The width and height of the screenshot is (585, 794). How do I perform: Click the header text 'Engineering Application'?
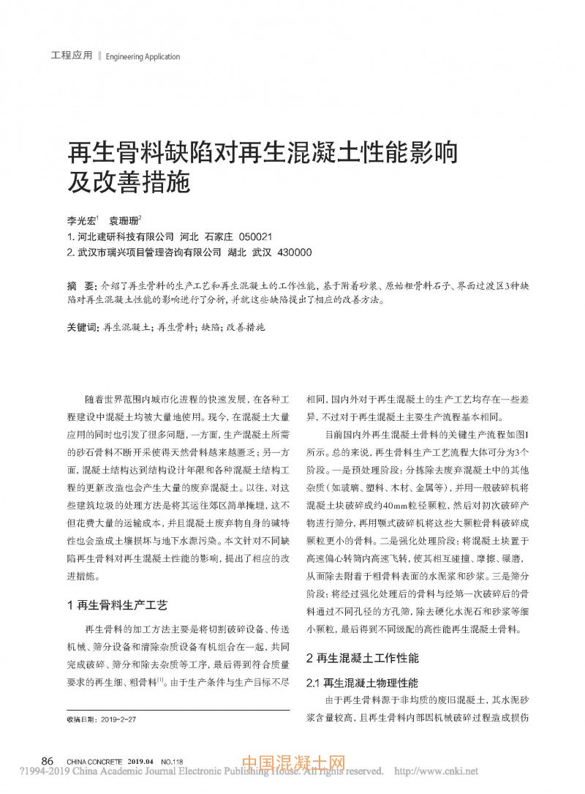pos(143,56)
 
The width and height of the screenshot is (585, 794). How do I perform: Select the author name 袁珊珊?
pos(124,220)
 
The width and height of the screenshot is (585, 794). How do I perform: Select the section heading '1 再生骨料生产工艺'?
pos(117,605)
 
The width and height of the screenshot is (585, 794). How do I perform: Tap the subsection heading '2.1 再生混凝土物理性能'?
pos(361,683)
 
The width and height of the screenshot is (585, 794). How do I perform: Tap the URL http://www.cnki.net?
pos(436,771)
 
